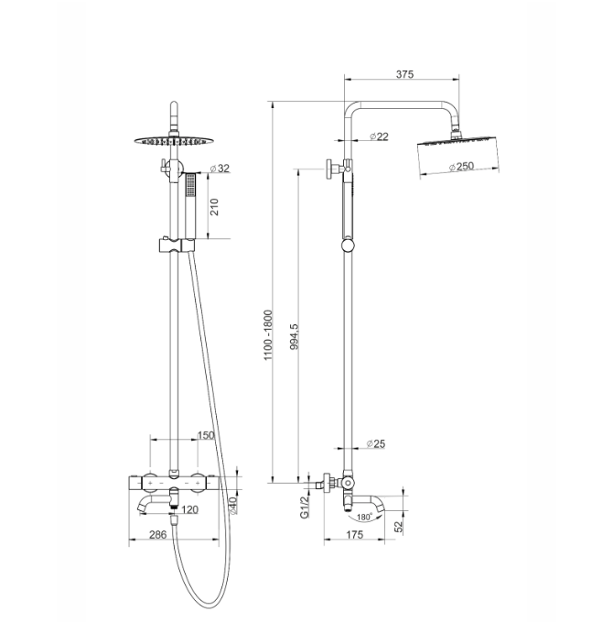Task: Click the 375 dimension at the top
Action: coord(404,74)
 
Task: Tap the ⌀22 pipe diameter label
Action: coord(379,136)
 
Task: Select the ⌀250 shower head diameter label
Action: coord(462,166)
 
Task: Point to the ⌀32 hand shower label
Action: coord(220,169)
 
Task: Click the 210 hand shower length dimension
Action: coord(214,207)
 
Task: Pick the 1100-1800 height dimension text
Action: coord(269,335)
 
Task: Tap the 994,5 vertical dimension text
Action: coord(295,336)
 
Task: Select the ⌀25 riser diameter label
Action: coord(376,443)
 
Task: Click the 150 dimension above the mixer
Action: coord(206,435)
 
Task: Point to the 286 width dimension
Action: coord(157,535)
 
